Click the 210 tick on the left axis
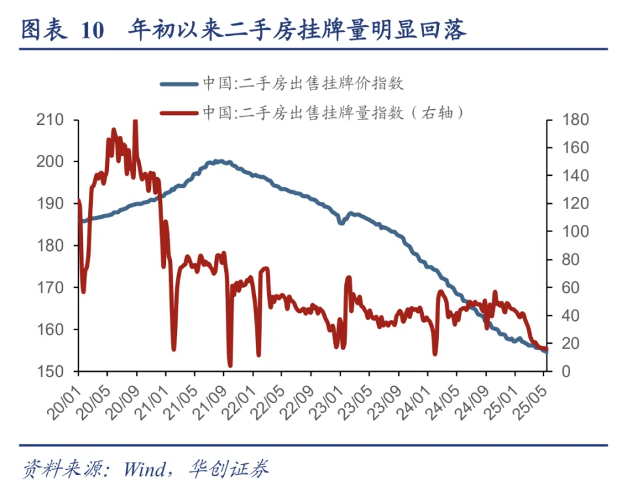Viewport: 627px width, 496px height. [50, 120]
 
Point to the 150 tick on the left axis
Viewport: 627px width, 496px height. [50, 371]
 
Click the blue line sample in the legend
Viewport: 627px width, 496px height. [178, 84]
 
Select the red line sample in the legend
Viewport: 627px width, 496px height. [178, 112]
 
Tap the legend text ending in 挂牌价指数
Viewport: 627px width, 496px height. [302, 84]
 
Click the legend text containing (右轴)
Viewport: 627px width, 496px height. [333, 112]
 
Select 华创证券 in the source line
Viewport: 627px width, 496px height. [229, 469]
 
